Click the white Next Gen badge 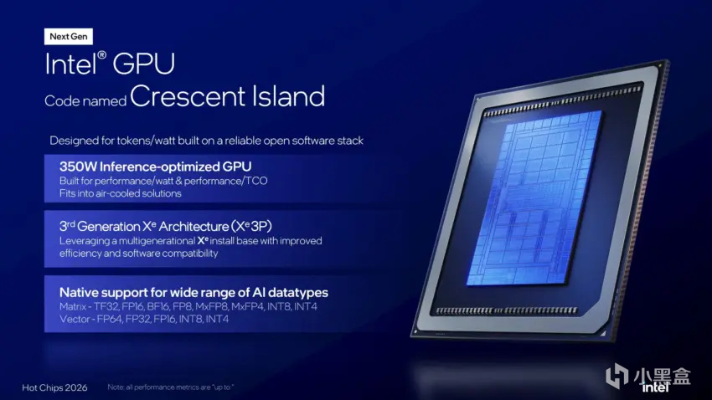[x=69, y=37]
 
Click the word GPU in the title [x=143, y=64]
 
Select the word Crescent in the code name [x=188, y=96]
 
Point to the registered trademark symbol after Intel [x=102, y=55]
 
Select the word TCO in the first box [x=256, y=181]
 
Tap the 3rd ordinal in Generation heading [x=67, y=225]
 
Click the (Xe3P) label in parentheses [x=251, y=226]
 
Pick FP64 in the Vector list [x=110, y=320]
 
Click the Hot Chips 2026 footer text [x=54, y=387]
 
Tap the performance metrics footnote [x=171, y=387]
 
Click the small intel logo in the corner [x=655, y=387]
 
